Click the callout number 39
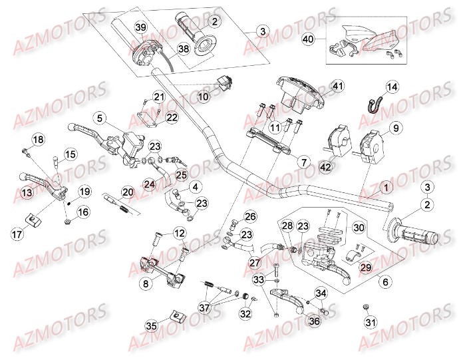140,27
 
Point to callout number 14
391,87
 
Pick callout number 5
99,118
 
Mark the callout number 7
303,162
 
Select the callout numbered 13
27,193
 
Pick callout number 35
152,326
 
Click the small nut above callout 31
367,306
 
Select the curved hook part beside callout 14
375,104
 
